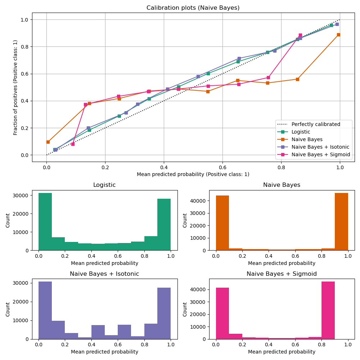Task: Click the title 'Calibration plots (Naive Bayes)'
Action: (193, 8)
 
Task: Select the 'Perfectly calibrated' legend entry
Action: (315, 124)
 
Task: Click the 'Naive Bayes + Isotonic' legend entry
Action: (320, 147)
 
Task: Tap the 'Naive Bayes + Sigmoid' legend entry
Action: (320, 154)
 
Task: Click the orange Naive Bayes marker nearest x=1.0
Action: (338, 35)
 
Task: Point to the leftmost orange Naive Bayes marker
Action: (48, 142)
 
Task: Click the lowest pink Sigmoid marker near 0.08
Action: (73, 144)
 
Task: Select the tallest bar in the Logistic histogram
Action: (45, 221)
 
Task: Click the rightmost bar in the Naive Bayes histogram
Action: (341, 221)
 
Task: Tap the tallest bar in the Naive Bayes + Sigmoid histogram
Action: (328, 310)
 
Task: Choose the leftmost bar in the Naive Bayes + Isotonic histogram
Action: (45, 310)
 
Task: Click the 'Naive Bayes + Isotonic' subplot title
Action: (104, 274)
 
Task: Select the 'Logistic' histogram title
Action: (104, 185)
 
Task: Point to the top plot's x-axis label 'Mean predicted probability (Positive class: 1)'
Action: (193, 174)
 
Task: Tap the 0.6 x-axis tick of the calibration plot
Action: (222, 167)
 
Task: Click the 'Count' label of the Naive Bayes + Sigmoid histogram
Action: (185, 309)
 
